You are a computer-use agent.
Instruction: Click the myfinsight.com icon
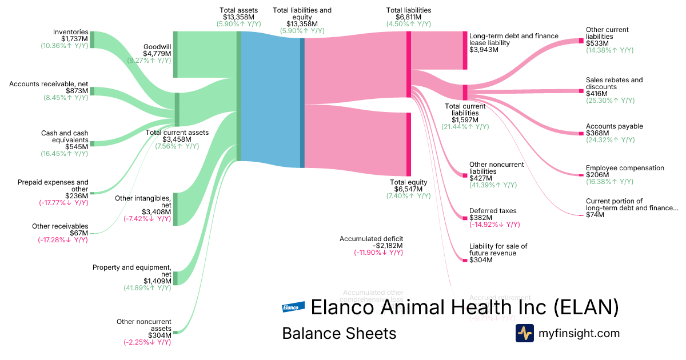tap(524, 333)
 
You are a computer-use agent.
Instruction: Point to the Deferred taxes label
tap(493, 211)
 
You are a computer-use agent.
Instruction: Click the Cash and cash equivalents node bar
tap(92, 143)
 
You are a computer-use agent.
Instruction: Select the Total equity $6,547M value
tap(408, 189)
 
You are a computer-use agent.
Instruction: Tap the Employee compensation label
tap(625, 168)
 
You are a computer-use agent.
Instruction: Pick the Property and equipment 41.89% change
tap(147, 288)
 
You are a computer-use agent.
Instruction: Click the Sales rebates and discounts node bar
tap(581, 91)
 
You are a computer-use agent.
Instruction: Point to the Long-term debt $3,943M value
tap(484, 50)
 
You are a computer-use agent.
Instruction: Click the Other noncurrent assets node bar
tap(175, 332)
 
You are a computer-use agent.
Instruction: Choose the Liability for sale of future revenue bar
tap(465, 261)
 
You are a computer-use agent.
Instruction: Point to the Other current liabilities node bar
tap(581, 41)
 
